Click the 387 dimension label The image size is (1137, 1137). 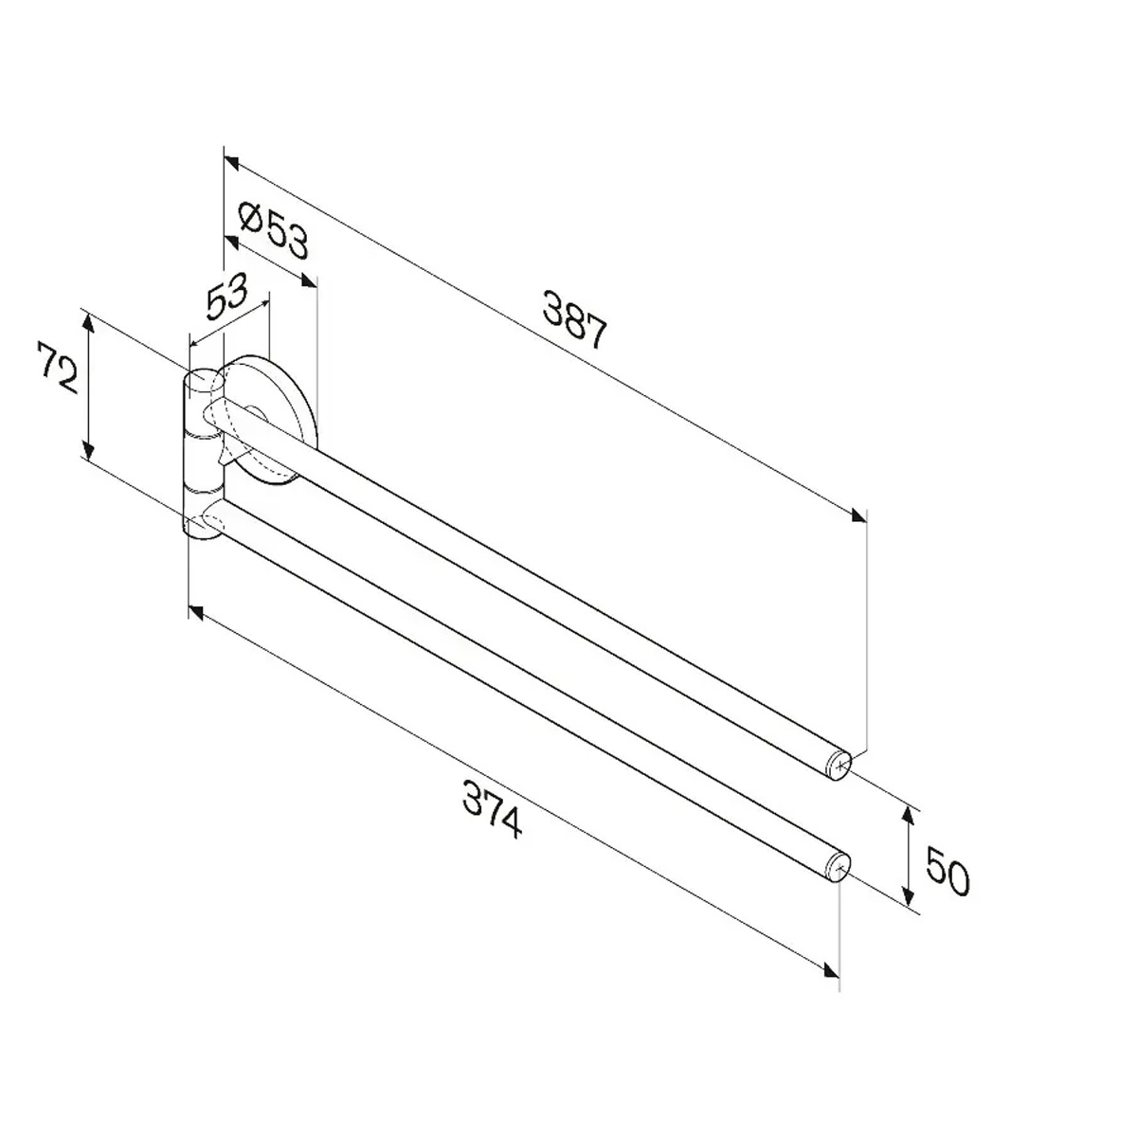574,318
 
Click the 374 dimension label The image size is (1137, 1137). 493,809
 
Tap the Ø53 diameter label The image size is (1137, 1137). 273,230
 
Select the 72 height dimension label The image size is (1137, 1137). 58,368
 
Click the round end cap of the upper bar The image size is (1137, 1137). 839,766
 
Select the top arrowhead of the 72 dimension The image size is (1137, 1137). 88,324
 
